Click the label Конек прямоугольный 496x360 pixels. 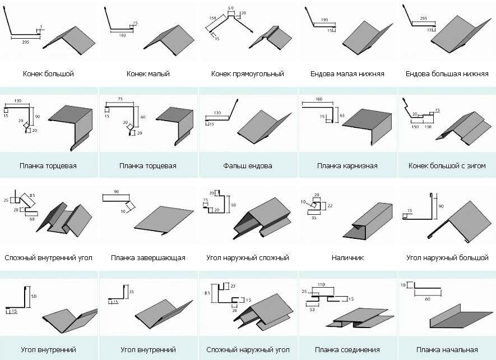click(247, 73)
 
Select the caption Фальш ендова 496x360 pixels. click(247, 166)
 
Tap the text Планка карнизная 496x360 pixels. click(347, 166)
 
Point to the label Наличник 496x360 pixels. click(347, 258)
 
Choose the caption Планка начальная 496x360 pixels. click(447, 350)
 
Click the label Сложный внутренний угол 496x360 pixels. click(48, 258)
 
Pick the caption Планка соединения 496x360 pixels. click(347, 350)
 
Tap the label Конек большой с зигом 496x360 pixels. click(447, 166)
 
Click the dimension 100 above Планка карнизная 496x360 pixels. click(319, 99)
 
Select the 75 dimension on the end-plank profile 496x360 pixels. click(119, 99)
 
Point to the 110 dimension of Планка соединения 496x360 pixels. click(321, 285)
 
